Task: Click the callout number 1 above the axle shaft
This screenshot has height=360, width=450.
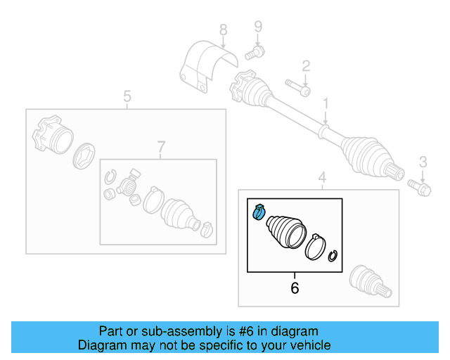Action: coord(326,104)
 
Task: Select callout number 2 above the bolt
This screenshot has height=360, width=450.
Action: coord(306,66)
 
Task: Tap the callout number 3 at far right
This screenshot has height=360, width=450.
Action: coord(423,162)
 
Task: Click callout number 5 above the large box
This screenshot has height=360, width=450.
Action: coord(127,96)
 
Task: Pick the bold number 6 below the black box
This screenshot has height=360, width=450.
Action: coord(295,288)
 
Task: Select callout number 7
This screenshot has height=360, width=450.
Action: coord(160,146)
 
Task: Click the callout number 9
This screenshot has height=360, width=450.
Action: coord(257,27)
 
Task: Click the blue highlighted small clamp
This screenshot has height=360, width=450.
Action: coord(257,210)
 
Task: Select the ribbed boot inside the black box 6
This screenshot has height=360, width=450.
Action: coord(285,231)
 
